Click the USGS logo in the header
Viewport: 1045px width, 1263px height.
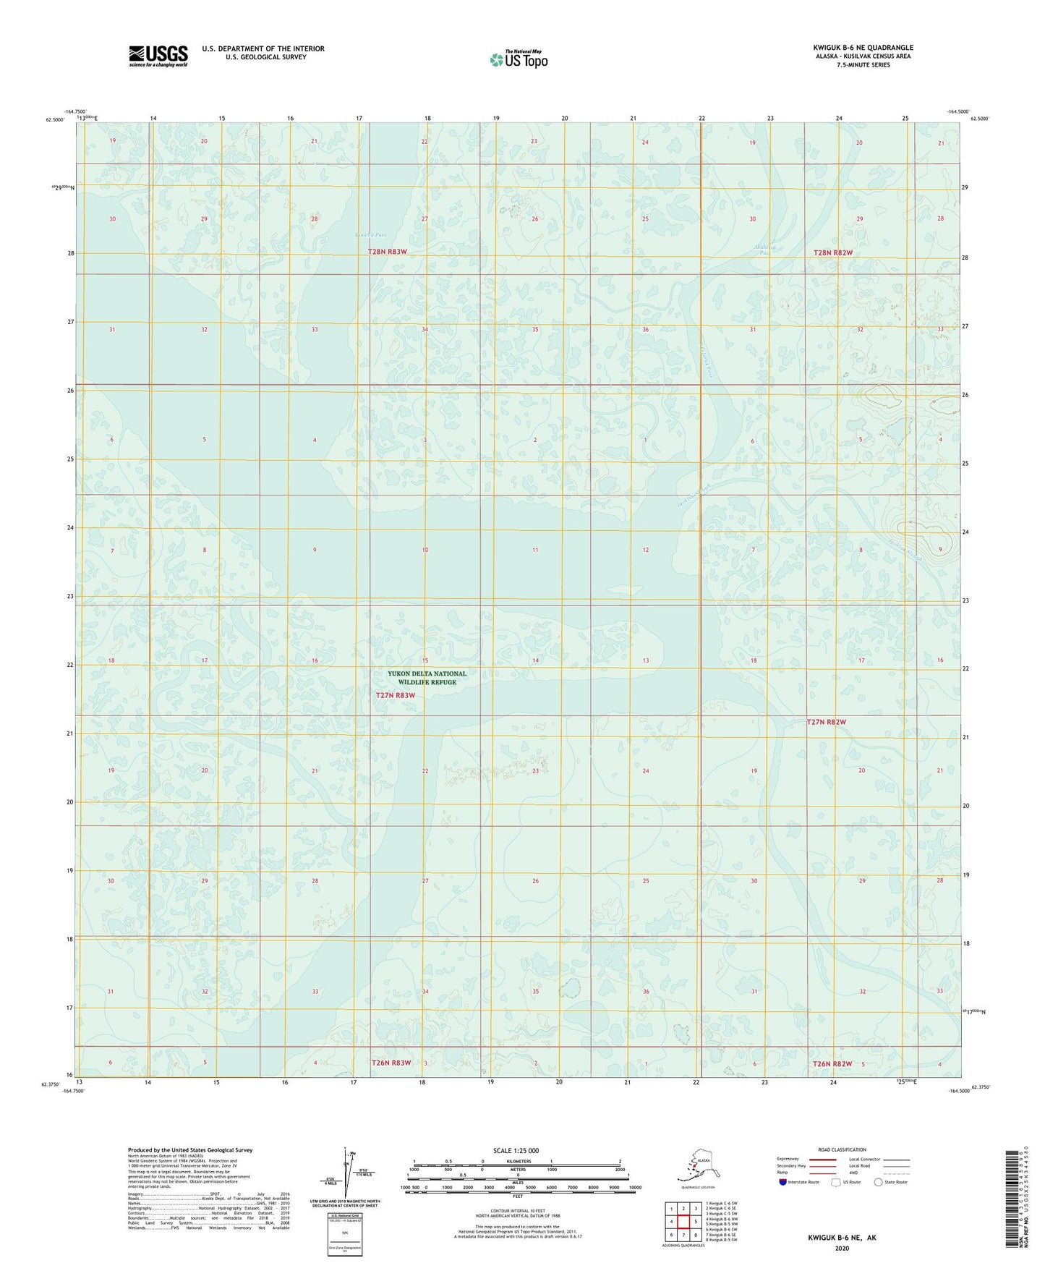pyautogui.click(x=158, y=56)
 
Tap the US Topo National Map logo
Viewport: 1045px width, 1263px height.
pyautogui.click(x=518, y=59)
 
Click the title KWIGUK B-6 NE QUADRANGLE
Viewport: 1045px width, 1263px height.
pyautogui.click(x=862, y=48)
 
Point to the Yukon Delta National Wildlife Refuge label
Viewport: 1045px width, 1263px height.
pyautogui.click(x=427, y=678)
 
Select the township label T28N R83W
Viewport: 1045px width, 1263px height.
pyautogui.click(x=388, y=252)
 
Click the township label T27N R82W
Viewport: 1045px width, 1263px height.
pyautogui.click(x=826, y=722)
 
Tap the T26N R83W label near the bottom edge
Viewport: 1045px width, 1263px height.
pyautogui.click(x=391, y=1063)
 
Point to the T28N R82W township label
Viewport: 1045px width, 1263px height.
pyautogui.click(x=832, y=252)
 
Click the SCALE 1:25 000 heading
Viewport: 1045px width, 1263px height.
pyautogui.click(x=516, y=1150)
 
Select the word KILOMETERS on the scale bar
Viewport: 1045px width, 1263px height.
pyautogui.click(x=516, y=1161)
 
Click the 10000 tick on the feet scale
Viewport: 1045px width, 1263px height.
pyautogui.click(x=634, y=1188)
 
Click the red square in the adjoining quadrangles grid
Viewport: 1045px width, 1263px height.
pyautogui.click(x=683, y=1221)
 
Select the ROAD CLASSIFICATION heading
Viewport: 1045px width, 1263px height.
pyautogui.click(x=842, y=1149)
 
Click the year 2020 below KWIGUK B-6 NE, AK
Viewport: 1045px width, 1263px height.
pyautogui.click(x=842, y=1248)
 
